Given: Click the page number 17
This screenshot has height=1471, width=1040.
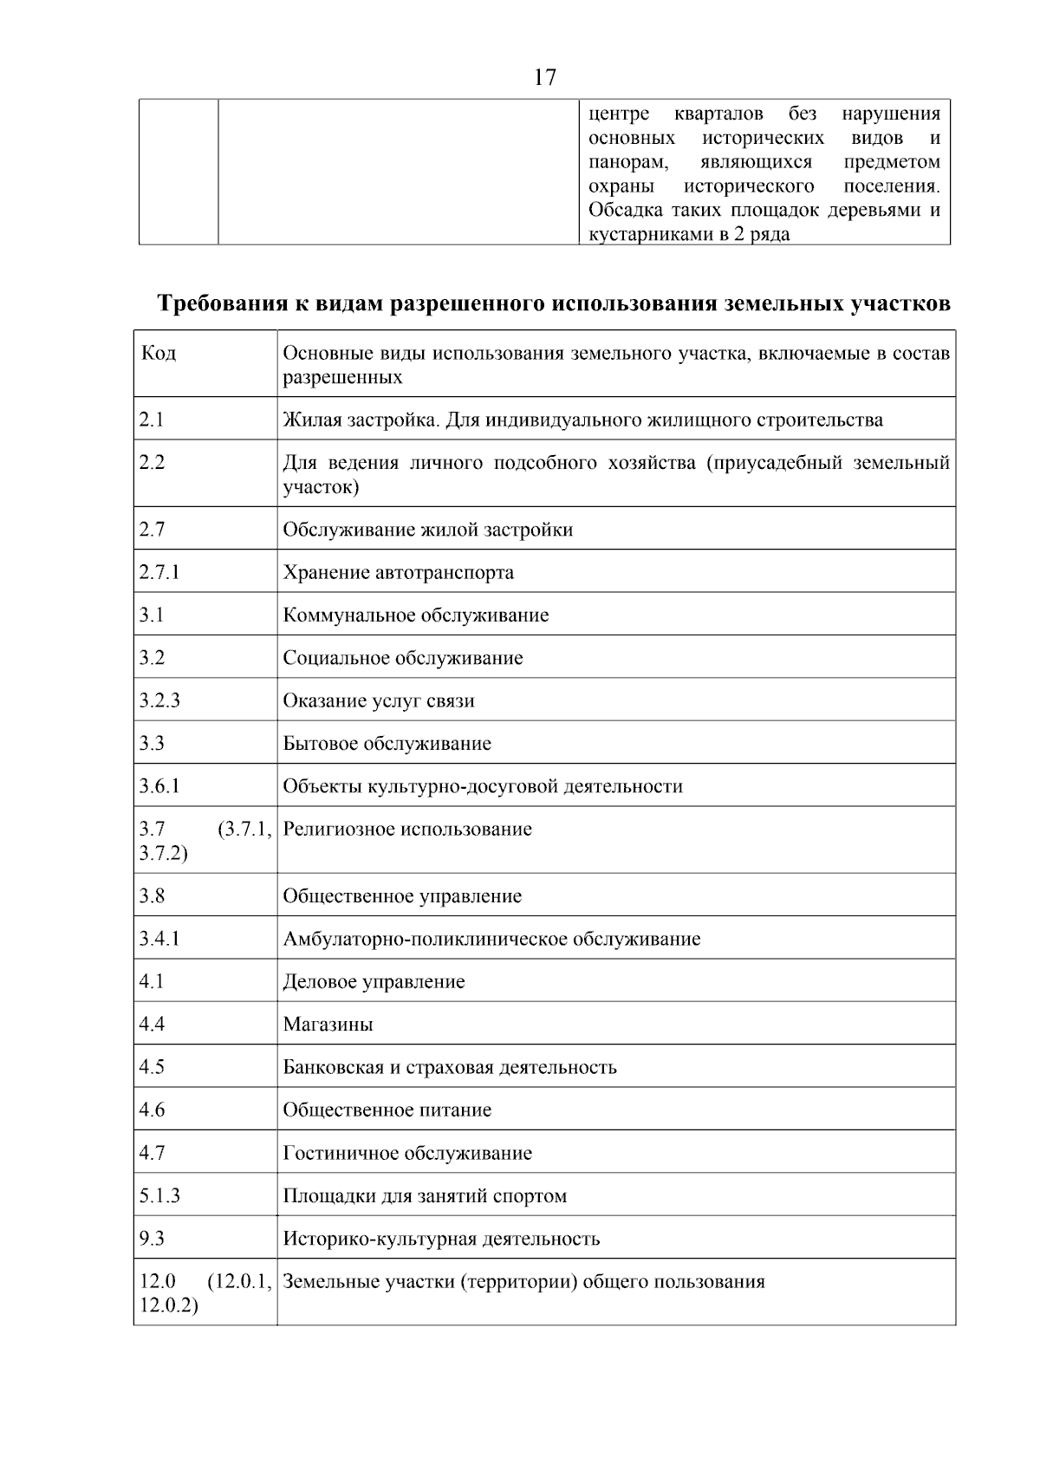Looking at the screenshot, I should (545, 77).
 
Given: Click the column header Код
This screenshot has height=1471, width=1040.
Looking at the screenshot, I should (159, 354).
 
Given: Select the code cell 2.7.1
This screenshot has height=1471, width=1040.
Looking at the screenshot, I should (159, 572).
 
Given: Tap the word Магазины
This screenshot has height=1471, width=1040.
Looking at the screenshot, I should (328, 1025).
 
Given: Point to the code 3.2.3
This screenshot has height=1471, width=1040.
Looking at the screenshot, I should (159, 700).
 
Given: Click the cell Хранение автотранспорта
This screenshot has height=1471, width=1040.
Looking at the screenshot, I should (398, 573).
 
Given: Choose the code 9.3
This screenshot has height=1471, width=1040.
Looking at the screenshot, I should (152, 1239).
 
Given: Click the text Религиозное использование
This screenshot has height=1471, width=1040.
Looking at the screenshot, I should (407, 830).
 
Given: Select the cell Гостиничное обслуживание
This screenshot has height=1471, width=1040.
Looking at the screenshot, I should (407, 1154).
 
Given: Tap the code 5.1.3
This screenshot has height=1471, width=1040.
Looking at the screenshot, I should (159, 1196).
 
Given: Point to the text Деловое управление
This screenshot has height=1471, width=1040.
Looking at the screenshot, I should (374, 982).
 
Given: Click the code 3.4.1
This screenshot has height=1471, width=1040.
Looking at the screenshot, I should (159, 939).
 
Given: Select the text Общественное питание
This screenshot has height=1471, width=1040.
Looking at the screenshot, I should (387, 1110).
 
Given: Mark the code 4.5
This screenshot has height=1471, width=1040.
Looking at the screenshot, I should (152, 1067).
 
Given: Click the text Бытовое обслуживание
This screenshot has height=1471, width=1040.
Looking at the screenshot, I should (387, 744).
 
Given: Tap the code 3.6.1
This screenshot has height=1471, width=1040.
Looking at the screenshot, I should (159, 786).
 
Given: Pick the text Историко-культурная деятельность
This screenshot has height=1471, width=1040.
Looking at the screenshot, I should (441, 1239).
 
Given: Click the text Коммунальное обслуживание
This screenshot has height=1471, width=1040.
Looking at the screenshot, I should (416, 615).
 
